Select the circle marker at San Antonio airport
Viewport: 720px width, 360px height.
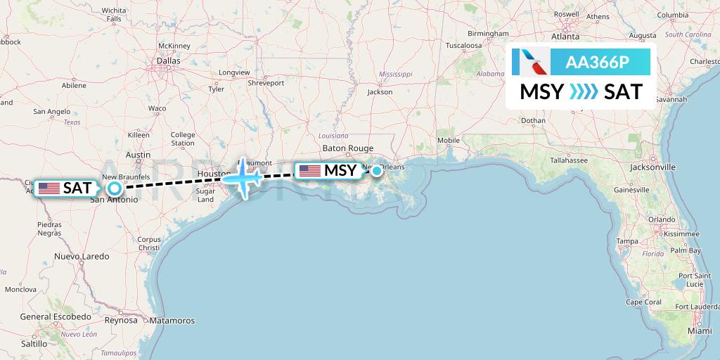pos(114,188)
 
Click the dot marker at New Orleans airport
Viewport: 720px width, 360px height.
pos(377,170)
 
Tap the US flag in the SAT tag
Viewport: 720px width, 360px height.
pos(49,188)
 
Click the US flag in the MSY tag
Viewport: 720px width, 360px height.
pos(309,170)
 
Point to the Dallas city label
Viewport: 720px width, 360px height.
pos(168,61)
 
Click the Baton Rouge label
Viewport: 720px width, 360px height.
pos(347,148)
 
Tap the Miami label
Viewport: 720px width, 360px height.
pos(700,330)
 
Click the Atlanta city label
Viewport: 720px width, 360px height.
pos(565,37)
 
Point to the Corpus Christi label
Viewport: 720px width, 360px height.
pos(149,244)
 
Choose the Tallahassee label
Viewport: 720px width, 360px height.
pos(569,160)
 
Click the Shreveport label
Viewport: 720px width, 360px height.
pos(266,83)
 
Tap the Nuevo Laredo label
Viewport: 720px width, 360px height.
pos(82,257)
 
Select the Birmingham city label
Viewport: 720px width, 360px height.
pos(488,34)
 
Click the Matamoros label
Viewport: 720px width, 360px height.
pos(172,321)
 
